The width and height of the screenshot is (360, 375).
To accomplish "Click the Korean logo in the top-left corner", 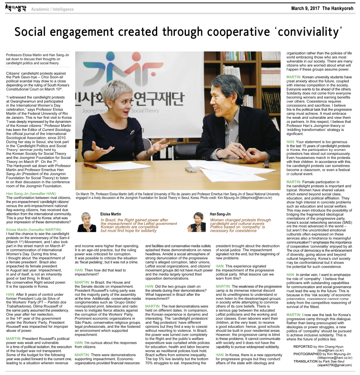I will point(16,8).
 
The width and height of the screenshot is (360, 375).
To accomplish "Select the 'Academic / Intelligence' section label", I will point(52,9).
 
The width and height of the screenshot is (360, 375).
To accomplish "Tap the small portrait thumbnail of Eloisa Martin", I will point(86,222).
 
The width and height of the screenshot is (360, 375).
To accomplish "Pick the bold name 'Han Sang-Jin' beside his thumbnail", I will point(220,214).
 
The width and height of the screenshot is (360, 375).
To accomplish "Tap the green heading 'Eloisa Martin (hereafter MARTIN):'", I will point(34,229).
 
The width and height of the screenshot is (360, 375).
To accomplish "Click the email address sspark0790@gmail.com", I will point(335,365).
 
